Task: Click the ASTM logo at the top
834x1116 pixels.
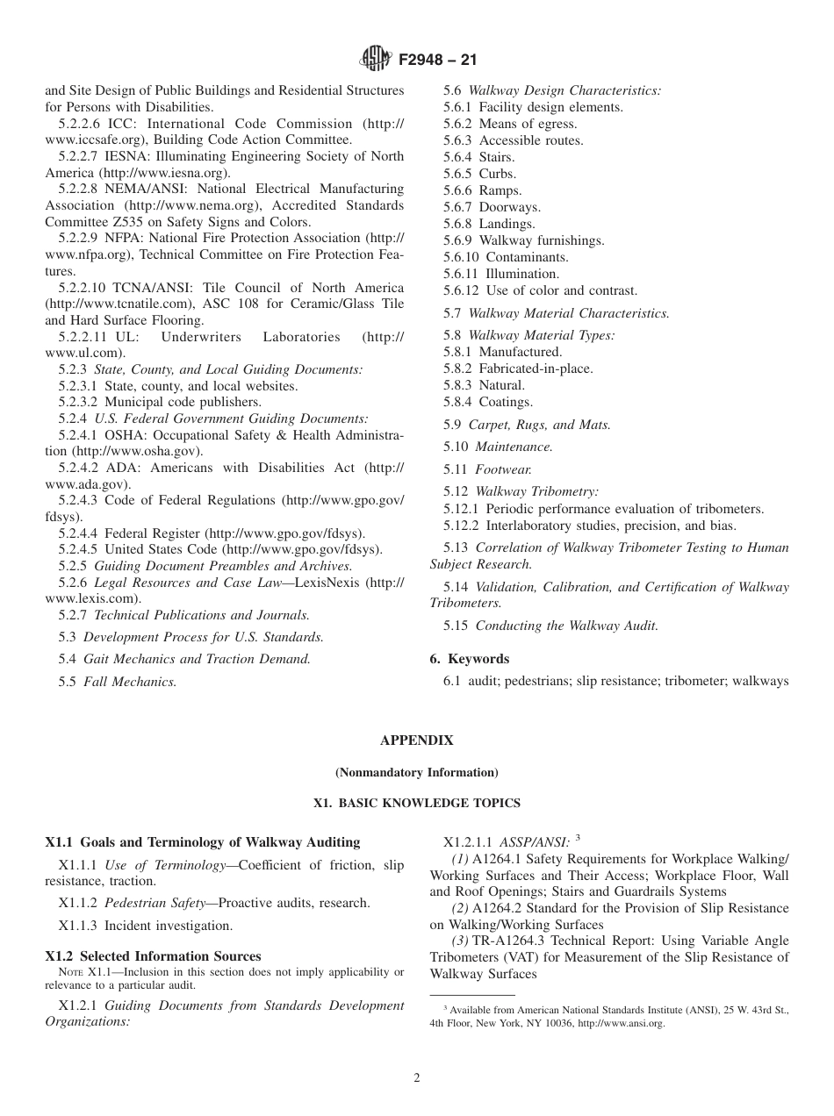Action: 377,61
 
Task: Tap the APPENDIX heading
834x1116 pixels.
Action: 416,740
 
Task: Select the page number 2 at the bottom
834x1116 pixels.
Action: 417,1078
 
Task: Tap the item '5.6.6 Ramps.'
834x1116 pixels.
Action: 482,190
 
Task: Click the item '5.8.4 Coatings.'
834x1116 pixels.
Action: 487,402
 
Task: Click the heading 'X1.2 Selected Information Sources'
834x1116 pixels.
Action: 153,956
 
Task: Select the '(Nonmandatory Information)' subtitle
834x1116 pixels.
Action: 416,773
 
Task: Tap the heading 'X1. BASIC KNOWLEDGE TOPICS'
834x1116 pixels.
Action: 416,803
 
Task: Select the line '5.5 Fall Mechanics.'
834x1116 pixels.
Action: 118,682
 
